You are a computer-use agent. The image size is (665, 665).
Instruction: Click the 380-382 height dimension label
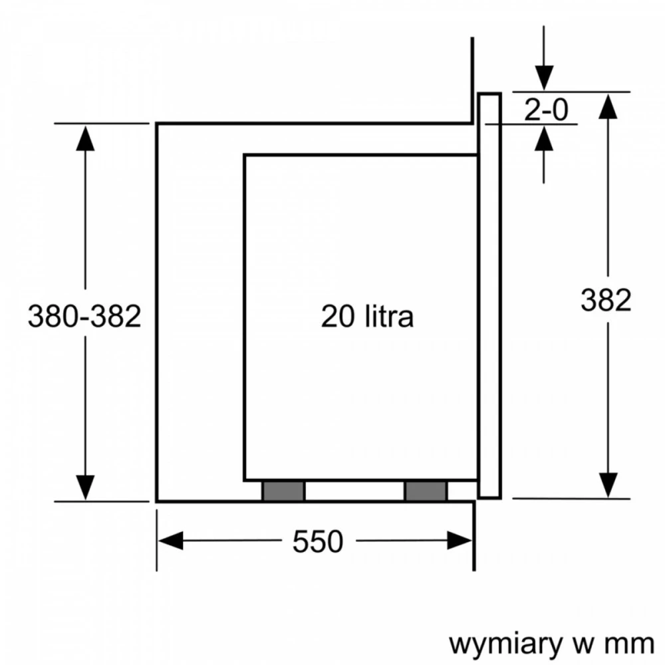(84, 316)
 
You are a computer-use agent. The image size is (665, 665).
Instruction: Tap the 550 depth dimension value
(318, 541)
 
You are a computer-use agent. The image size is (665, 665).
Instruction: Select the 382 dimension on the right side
(606, 300)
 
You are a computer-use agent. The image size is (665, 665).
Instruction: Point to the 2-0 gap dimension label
(546, 110)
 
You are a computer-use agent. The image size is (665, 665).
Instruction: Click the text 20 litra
(367, 316)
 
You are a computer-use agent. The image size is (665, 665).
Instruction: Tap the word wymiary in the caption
(505, 644)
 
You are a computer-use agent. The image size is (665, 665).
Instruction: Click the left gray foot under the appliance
(283, 491)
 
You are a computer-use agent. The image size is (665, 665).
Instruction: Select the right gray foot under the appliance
(426, 491)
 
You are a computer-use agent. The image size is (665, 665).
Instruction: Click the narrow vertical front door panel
(490, 295)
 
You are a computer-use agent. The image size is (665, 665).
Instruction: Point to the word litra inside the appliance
(389, 316)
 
